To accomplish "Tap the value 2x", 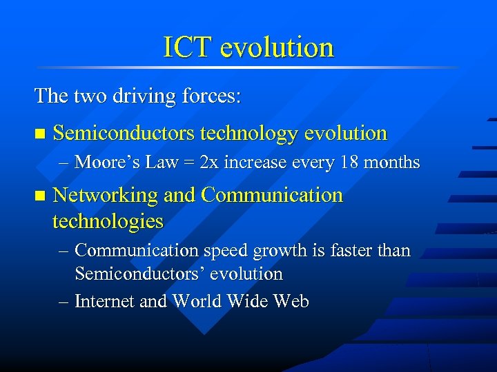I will coord(209,163).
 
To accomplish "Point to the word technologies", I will coord(108,221).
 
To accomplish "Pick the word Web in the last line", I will coord(291,301).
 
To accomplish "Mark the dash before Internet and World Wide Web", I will coord(64,302).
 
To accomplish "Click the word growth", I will coord(272,251).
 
